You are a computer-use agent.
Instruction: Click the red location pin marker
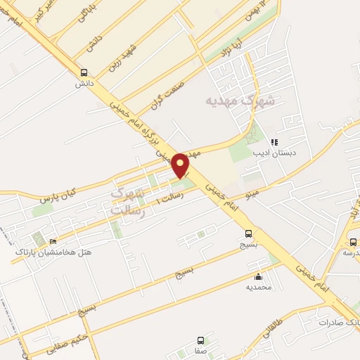181,165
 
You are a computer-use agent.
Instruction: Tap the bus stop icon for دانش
84,72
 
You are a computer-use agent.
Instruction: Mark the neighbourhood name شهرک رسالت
128,201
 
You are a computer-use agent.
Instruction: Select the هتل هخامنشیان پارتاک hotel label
53,252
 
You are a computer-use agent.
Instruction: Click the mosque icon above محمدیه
259,276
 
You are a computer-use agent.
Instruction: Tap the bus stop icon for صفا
201,340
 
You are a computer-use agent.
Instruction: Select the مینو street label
251,192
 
